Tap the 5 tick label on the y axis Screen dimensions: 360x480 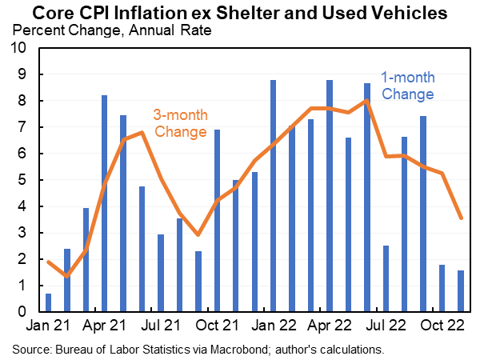click(x=23, y=180)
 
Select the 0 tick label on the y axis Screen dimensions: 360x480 click(x=23, y=312)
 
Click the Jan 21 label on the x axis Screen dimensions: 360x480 click(x=49, y=326)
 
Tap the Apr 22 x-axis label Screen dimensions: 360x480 click(x=330, y=326)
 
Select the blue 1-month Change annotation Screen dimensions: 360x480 click(x=407, y=86)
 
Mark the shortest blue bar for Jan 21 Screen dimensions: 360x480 click(x=49, y=302)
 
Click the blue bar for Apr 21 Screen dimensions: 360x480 click(x=105, y=203)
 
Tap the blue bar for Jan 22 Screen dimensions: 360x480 click(x=274, y=196)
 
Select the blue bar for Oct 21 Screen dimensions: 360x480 click(x=217, y=220)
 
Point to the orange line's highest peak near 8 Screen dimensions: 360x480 click(x=366, y=101)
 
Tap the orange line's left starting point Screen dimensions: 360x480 click(x=49, y=262)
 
